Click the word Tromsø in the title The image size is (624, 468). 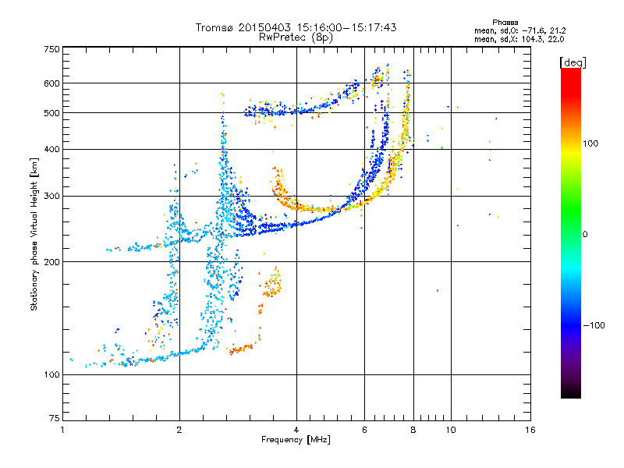pyautogui.click(x=214, y=27)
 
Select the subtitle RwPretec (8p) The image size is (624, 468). pyautogui.click(x=296, y=37)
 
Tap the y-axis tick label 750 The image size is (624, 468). pyautogui.click(x=51, y=49)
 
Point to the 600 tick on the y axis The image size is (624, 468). pyautogui.click(x=51, y=83)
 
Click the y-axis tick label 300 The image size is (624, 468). pyautogui.click(x=51, y=197)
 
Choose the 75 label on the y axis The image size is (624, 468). pyautogui.click(x=55, y=418)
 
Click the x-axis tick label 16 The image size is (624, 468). pyautogui.click(x=530, y=430)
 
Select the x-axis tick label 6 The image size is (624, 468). pyautogui.click(x=364, y=430)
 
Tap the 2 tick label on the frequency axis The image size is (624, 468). pyautogui.click(x=179, y=430)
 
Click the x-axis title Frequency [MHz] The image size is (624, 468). pyautogui.click(x=296, y=440)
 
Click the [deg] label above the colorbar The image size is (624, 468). pyautogui.click(x=573, y=62)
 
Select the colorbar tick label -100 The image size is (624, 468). pyautogui.click(x=594, y=325)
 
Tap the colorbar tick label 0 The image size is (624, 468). pyautogui.click(x=585, y=235)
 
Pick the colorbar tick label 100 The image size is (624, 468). pyautogui.click(x=590, y=144)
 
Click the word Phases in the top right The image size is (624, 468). pyautogui.click(x=505, y=23)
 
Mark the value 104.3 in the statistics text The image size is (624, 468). pyautogui.click(x=532, y=39)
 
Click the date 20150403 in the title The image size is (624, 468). pyautogui.click(x=264, y=27)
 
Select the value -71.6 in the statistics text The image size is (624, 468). pyautogui.click(x=533, y=30)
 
